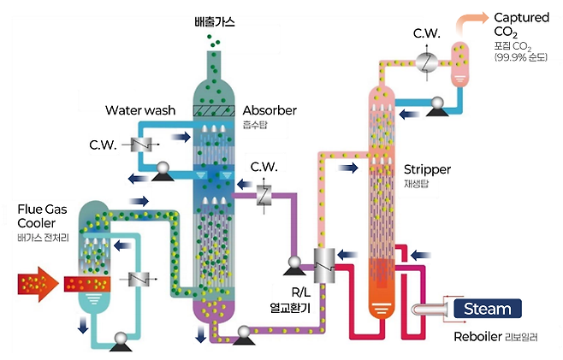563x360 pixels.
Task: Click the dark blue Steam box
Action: click(487, 309)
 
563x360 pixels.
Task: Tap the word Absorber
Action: click(270, 110)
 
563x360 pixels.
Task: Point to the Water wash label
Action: click(140, 110)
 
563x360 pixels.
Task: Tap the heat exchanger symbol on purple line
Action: click(264, 195)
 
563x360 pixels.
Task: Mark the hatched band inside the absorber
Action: click(213, 110)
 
